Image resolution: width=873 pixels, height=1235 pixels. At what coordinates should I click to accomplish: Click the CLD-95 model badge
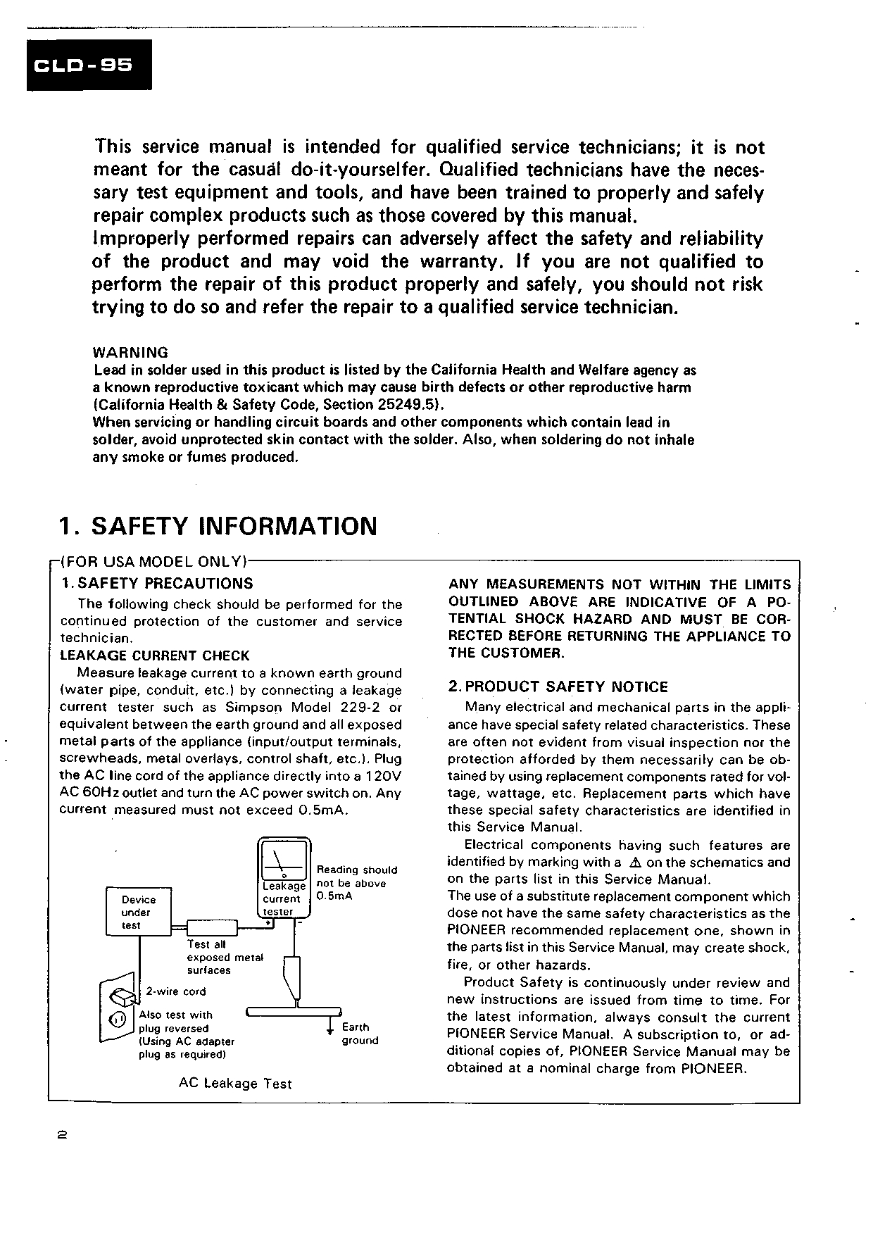89,65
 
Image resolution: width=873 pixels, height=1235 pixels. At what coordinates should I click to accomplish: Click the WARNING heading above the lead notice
130,352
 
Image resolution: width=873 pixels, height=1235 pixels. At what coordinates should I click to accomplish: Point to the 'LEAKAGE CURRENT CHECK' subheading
154,656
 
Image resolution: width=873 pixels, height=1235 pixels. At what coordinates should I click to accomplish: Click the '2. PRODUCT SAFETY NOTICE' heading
558,687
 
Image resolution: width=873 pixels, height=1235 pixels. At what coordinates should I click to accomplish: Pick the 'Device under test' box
138,913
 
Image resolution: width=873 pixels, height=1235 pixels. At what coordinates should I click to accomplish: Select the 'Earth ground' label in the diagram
360,1034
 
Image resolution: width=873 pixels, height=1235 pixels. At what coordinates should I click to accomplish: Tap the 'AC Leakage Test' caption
235,1084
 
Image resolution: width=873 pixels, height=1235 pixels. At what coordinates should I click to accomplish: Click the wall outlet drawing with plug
118,1008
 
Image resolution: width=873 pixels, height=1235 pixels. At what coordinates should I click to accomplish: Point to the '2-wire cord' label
176,991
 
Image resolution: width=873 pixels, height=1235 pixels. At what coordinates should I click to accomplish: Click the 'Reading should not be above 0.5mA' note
357,883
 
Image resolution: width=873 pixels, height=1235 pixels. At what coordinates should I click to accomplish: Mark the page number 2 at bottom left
62,1136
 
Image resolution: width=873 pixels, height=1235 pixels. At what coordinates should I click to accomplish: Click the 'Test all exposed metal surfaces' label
224,957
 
